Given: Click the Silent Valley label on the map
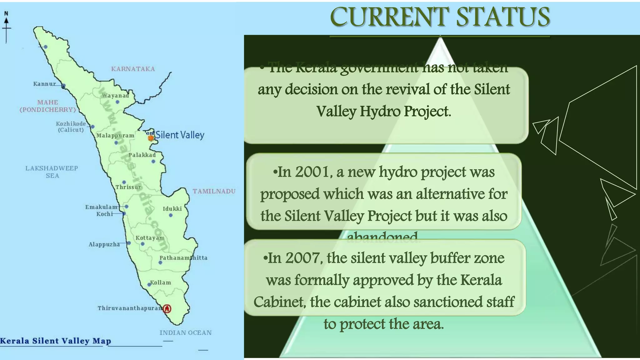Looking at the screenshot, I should coord(180,135).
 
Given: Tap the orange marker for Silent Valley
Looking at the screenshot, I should coord(151,137).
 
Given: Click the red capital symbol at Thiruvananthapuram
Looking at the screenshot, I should coord(167,309).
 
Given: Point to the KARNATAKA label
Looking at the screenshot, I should coord(133,69).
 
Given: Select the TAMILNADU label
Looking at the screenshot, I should coord(214,191).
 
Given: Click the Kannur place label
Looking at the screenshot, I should coord(44,84).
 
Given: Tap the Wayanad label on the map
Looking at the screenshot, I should coord(116,95).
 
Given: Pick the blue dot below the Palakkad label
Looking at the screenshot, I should coord(153,162).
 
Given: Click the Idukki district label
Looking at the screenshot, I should coord(172,208).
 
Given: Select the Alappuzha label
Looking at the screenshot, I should coord(104,244).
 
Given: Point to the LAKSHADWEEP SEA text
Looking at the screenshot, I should coord(52,172).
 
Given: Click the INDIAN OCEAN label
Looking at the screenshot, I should coord(186,333).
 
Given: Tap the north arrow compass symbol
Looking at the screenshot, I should coord(6,27).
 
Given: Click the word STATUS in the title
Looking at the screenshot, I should coord(503,17).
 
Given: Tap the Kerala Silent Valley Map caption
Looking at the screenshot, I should coord(56,341).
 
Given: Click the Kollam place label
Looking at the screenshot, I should coord(161,282).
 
